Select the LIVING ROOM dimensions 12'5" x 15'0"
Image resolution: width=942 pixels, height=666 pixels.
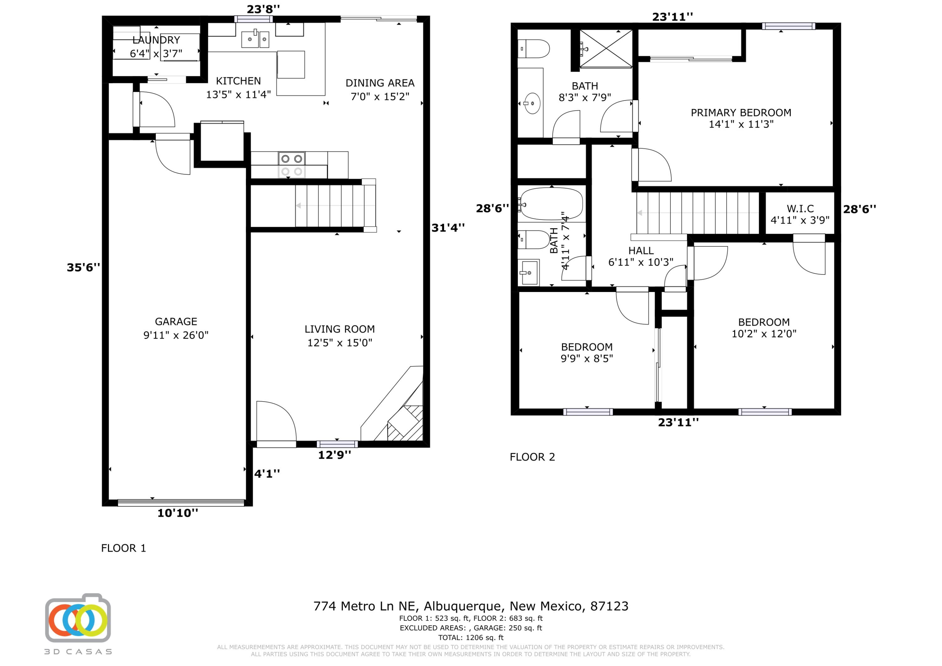(339, 342)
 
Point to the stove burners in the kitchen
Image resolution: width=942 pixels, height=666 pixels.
(291, 165)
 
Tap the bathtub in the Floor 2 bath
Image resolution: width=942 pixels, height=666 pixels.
(550, 203)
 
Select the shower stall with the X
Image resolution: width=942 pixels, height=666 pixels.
(606, 48)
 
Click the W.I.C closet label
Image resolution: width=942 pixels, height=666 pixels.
(800, 208)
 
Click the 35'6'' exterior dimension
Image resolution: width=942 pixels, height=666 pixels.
(83, 268)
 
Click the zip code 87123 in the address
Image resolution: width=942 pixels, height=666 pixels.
(609, 606)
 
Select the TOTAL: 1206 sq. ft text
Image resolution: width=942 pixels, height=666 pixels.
(471, 637)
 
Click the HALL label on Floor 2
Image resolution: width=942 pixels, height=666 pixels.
(641, 250)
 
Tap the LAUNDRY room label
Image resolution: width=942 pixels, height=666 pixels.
(156, 40)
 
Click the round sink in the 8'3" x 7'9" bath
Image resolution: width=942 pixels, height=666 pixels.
(532, 103)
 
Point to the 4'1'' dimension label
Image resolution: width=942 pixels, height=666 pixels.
(267, 474)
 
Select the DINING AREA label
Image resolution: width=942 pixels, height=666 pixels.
(380, 83)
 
